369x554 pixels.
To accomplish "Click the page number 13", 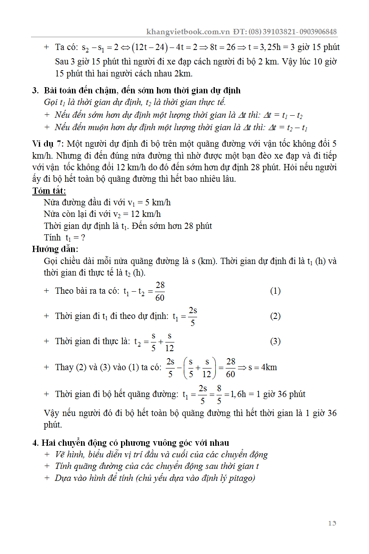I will pyautogui.click(x=332, y=523).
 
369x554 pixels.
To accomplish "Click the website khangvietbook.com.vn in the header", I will pyautogui.click(x=188, y=32).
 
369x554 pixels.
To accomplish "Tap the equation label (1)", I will pyautogui.click(x=275, y=291).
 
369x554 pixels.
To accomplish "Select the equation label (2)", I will pyautogui.click(x=275, y=316).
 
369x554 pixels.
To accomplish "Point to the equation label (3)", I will pyautogui.click(x=275, y=341).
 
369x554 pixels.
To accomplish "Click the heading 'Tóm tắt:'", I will pyautogui.click(x=49, y=191).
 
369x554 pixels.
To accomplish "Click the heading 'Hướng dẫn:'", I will pyautogui.click(x=55, y=249).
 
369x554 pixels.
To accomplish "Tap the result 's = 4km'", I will pyautogui.click(x=262, y=367).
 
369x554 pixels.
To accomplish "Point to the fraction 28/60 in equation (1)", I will pyautogui.click(x=160, y=291).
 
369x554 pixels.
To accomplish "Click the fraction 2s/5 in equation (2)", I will pyautogui.click(x=193, y=316).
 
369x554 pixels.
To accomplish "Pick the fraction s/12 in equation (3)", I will pyautogui.click(x=169, y=342).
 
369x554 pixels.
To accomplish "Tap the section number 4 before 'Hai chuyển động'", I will pyautogui.click(x=35, y=443).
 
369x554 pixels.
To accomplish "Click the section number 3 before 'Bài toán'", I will pyautogui.click(x=35, y=90).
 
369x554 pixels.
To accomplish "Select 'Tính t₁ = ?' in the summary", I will pyautogui.click(x=64, y=238).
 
